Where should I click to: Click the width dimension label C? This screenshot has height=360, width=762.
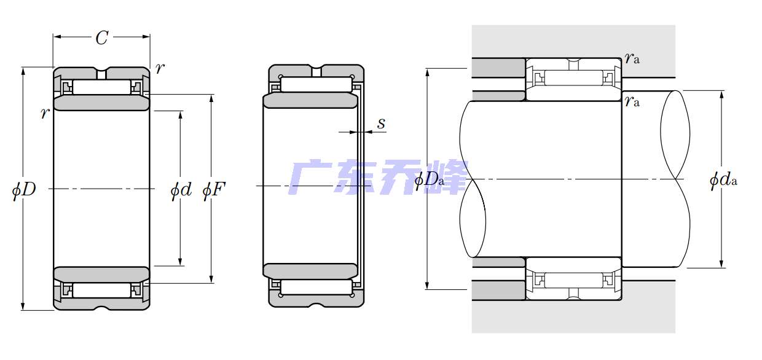pos(102,37)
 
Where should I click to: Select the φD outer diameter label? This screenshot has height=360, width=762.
pos(24,190)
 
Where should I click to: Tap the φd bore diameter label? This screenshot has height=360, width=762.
pos(181,190)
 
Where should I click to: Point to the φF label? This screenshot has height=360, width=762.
pos(214,190)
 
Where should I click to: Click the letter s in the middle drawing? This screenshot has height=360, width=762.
pos(381,123)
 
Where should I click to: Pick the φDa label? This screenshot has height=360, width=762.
pos(430,179)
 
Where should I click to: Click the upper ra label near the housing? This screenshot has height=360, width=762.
pos(632,58)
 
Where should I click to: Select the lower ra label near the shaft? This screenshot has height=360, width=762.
pos(632,101)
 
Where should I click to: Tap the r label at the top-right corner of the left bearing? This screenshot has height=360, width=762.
pos(160,68)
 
